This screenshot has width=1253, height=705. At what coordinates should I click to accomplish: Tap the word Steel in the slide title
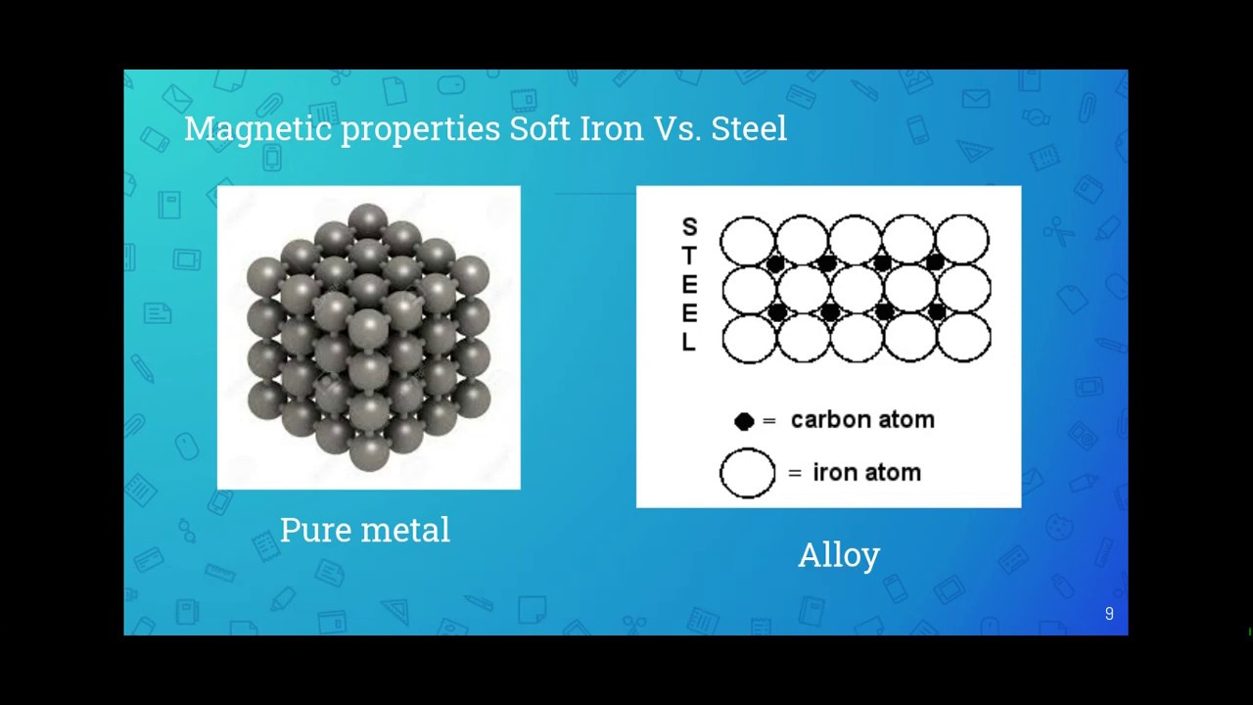click(x=749, y=128)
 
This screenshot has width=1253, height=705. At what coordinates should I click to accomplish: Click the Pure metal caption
click(x=364, y=530)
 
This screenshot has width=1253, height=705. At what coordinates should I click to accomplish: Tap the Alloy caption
click(x=839, y=555)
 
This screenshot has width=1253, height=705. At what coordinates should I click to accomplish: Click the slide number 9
click(x=1109, y=614)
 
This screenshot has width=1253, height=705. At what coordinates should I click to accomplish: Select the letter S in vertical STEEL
click(x=689, y=228)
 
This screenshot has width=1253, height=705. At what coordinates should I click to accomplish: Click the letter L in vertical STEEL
click(x=689, y=343)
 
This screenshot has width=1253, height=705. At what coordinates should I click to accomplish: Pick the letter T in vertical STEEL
click(x=689, y=257)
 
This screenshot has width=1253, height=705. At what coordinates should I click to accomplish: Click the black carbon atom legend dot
click(x=744, y=421)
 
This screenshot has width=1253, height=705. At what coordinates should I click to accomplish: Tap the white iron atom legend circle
click(x=747, y=473)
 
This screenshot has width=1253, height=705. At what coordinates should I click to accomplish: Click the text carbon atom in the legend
click(x=862, y=420)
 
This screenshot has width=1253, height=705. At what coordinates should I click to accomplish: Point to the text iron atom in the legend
click(x=866, y=473)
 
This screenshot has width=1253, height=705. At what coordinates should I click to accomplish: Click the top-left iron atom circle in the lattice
click(x=747, y=241)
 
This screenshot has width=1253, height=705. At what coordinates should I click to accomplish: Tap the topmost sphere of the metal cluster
click(x=368, y=220)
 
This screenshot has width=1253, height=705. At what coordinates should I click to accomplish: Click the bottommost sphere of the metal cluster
click(x=369, y=452)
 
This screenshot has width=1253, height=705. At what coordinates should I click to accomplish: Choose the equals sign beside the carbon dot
click(x=769, y=421)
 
